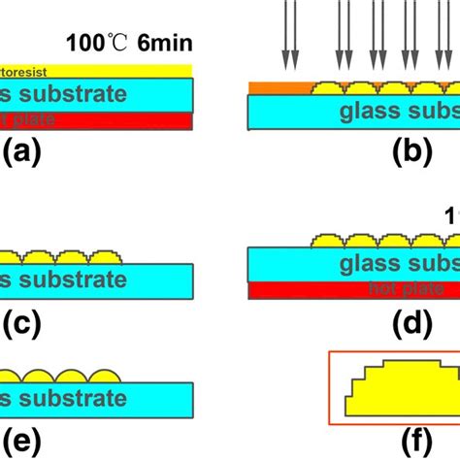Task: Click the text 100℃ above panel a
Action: pos(96,43)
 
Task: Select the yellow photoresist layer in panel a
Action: pos(97,70)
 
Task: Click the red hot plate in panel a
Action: pos(97,119)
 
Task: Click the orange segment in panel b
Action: pos(278,88)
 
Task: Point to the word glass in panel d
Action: pos(365,263)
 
